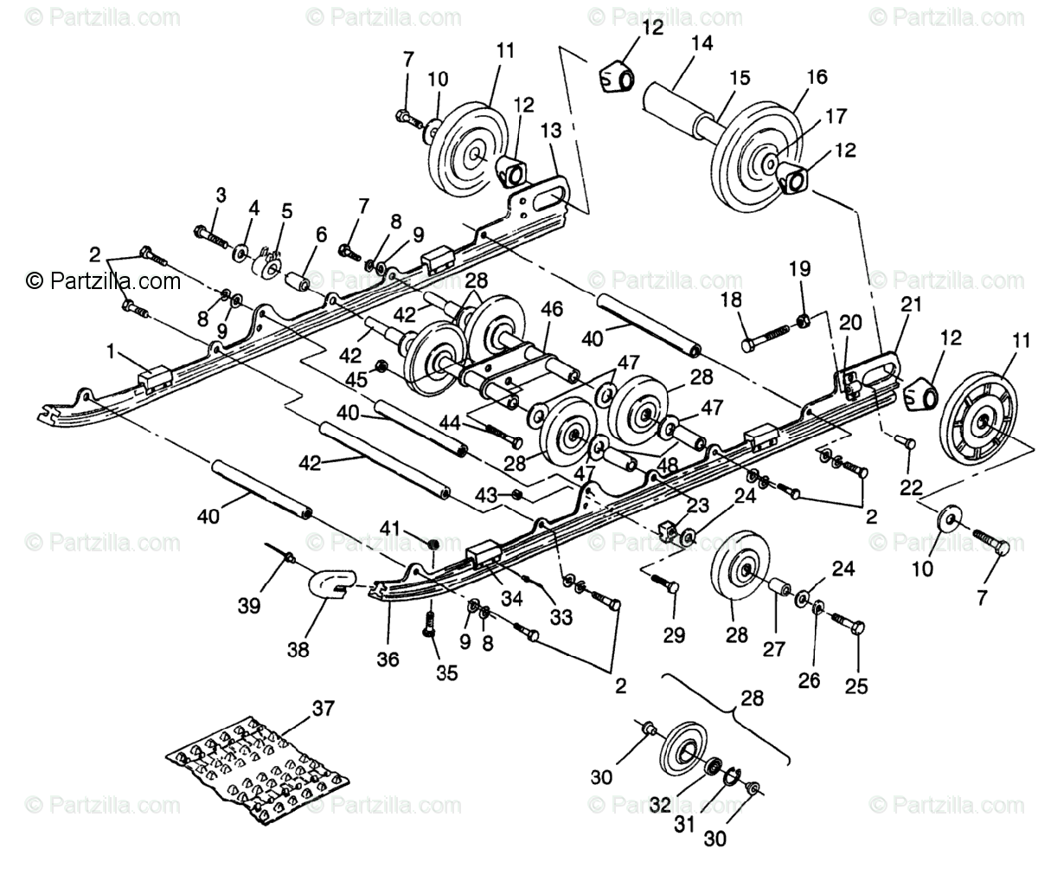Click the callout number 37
(322, 709)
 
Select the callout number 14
(702, 42)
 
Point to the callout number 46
(551, 308)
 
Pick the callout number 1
(110, 352)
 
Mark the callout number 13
(551, 132)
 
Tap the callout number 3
(221, 196)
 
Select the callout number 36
(388, 659)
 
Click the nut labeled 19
(803, 321)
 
